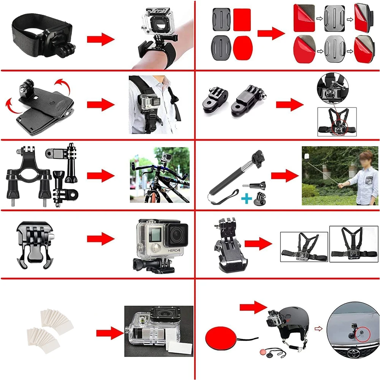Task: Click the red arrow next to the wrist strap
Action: point(100,39)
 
